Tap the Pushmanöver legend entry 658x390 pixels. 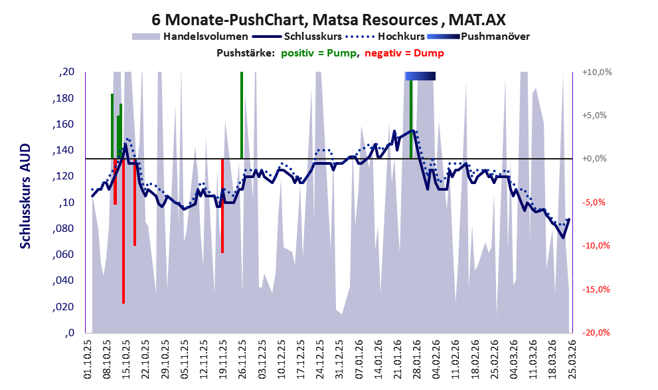[x=494, y=37]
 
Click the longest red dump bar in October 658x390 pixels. [x=123, y=233]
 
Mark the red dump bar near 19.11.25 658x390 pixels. [x=222, y=206]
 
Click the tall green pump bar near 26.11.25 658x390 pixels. [x=241, y=113]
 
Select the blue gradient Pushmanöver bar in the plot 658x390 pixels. [x=420, y=76]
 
